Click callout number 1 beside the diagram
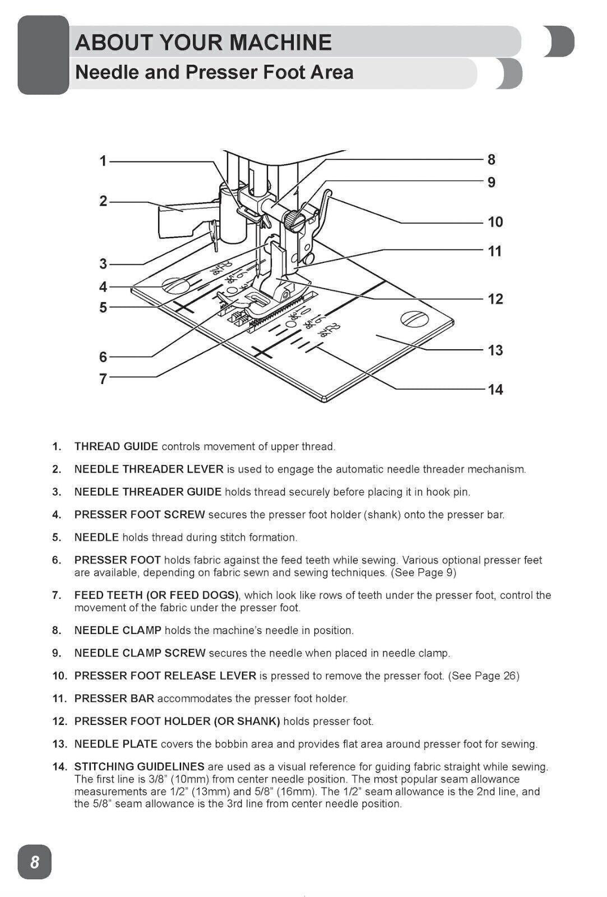click(103, 161)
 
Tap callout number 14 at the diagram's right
click(495, 389)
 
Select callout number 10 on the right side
click(495, 222)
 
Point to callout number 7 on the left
click(103, 379)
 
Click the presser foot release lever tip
click(328, 195)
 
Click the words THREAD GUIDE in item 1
click(116, 447)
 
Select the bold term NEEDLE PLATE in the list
click(115, 744)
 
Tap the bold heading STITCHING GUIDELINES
click(139, 766)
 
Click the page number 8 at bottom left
click(35, 862)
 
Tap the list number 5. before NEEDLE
click(57, 538)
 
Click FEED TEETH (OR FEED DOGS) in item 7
click(156, 595)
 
